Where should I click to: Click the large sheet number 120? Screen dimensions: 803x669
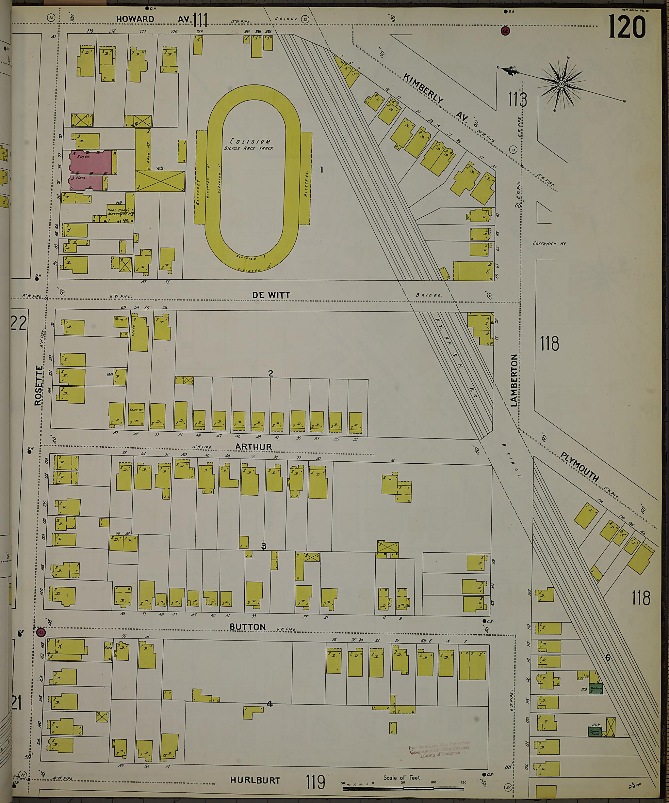coord(627,27)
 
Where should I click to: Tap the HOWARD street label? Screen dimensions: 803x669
coord(135,19)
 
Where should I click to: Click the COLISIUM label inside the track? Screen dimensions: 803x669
coord(250,141)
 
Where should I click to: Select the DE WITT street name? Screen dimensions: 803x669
coord(271,295)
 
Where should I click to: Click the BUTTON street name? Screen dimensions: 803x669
coord(247,627)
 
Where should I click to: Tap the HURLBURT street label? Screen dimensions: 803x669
coord(255,780)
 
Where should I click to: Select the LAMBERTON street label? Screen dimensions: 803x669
coord(514,380)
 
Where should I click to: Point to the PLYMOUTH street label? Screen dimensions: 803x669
coord(579,467)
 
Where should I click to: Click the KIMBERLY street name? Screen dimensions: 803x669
coord(423,88)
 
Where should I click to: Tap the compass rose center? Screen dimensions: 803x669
coord(561,84)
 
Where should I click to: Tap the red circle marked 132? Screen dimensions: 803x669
coord(505,31)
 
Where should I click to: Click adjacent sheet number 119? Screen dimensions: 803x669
coord(315,782)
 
